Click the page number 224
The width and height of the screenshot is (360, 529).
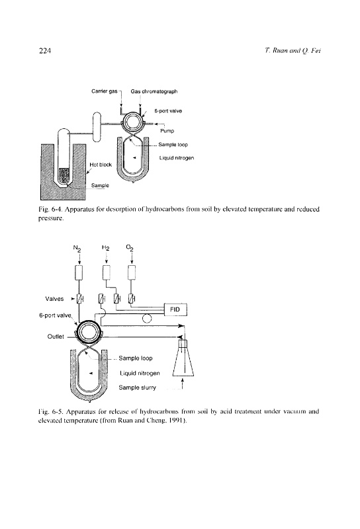coord(45,51)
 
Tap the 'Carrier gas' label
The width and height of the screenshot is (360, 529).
coord(105,91)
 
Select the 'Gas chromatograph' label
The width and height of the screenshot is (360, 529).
coord(154,91)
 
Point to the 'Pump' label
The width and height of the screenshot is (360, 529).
coord(167,131)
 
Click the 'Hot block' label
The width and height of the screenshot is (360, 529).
coord(101,165)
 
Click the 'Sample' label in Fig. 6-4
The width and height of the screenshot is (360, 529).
coord(100,185)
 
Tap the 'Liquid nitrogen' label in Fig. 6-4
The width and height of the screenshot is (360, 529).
coord(177,158)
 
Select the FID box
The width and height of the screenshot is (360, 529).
coord(175,309)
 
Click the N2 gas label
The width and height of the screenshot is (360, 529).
coord(77,249)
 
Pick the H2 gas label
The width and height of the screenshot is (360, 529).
coord(106,249)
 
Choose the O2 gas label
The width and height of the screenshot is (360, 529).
coord(130,248)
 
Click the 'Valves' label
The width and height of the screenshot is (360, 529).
coord(54,299)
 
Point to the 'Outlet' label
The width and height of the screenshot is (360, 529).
coord(56,337)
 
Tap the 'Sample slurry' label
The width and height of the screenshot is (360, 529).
coord(137,387)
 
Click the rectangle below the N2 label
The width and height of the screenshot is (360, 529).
coord(79,272)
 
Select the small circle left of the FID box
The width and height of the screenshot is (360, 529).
coord(147,318)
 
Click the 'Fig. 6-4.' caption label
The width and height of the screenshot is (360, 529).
coord(51,209)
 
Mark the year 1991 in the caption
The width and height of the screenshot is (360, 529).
coord(176,421)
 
